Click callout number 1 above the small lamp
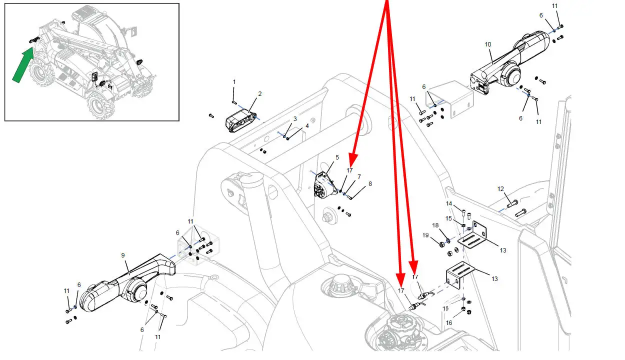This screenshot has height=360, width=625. [234, 81]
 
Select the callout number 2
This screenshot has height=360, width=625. [260, 94]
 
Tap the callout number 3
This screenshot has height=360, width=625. [295, 119]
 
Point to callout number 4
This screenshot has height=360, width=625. [307, 126]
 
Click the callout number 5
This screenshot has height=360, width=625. [337, 157]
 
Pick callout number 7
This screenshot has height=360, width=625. [359, 177]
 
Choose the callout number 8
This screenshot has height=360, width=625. [370, 184]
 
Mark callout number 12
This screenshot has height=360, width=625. [500, 189]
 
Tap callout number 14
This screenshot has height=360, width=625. [448, 204]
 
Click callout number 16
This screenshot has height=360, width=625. [449, 323]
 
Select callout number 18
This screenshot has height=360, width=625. [435, 226]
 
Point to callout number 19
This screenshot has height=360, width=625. [425, 235]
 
